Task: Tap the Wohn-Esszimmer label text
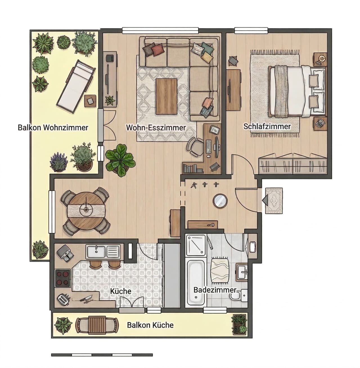coord(156,128)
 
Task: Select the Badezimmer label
coord(215,290)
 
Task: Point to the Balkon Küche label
coord(150,325)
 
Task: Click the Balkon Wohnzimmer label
coord(53,128)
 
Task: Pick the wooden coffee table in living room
coord(166,97)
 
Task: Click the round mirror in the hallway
coord(220,201)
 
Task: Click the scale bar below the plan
coord(102,355)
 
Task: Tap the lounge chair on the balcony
coord(76,86)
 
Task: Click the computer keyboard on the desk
coord(208,146)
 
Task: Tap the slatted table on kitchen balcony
coord(97,325)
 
